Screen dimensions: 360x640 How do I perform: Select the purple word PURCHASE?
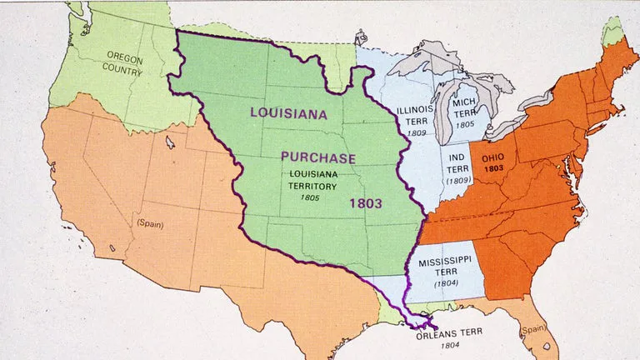coord(317,157)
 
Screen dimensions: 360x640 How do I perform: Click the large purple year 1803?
coord(366,202)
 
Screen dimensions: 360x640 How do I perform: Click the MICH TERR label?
coord(463,107)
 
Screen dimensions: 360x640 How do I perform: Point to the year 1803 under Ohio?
coord(492,167)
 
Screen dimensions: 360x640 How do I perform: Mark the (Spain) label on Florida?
coord(532,331)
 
